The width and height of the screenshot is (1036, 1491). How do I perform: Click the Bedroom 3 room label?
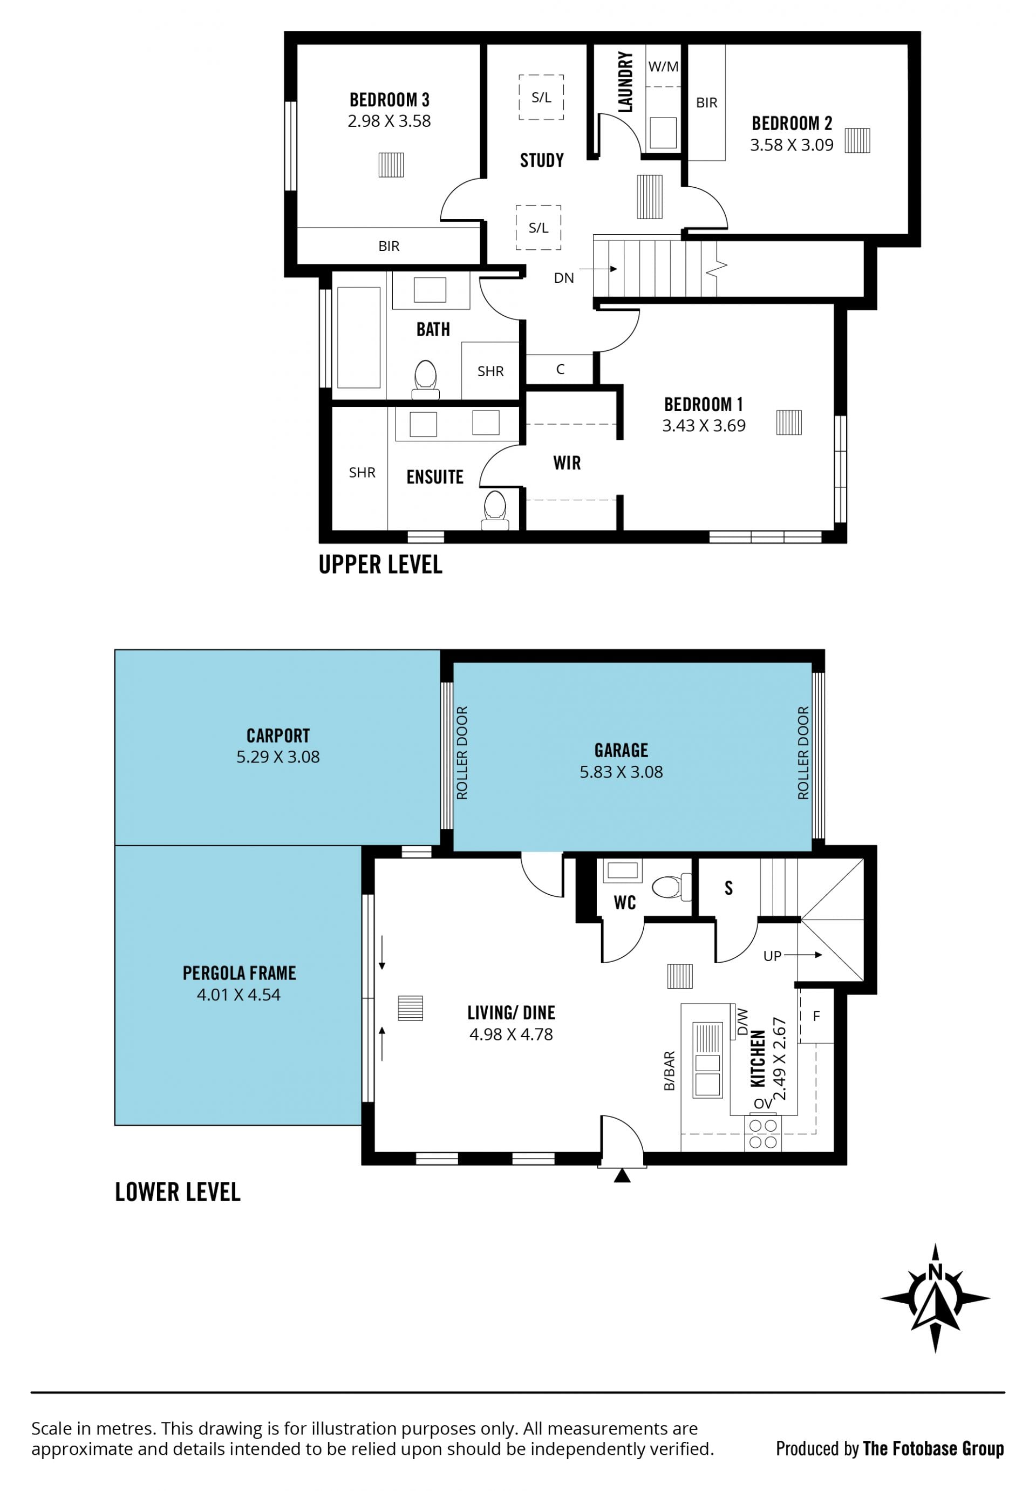tap(390, 100)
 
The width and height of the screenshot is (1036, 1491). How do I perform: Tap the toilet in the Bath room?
tap(426, 379)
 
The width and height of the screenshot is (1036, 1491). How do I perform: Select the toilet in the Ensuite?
tap(495, 510)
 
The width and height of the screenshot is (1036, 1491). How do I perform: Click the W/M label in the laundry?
tap(663, 66)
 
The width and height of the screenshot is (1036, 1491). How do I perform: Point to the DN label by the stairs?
tap(563, 278)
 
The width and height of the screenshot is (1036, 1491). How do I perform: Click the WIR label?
tap(567, 463)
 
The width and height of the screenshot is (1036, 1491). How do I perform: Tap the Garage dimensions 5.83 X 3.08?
tap(621, 772)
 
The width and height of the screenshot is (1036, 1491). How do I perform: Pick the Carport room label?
tap(278, 736)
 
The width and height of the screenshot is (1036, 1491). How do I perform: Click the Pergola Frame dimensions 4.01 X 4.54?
tap(239, 995)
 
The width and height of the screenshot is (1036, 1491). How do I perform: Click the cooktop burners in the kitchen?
tap(763, 1133)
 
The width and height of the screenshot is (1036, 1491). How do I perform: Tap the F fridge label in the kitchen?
tap(816, 1016)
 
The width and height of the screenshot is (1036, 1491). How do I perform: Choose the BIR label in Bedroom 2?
tap(707, 103)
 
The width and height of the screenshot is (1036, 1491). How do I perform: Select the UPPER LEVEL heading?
tap(380, 564)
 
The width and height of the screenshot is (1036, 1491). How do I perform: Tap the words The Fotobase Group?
tap(933, 1448)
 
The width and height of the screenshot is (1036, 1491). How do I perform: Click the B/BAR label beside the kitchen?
tap(669, 1071)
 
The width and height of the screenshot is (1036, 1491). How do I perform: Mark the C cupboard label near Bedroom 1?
tap(560, 369)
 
